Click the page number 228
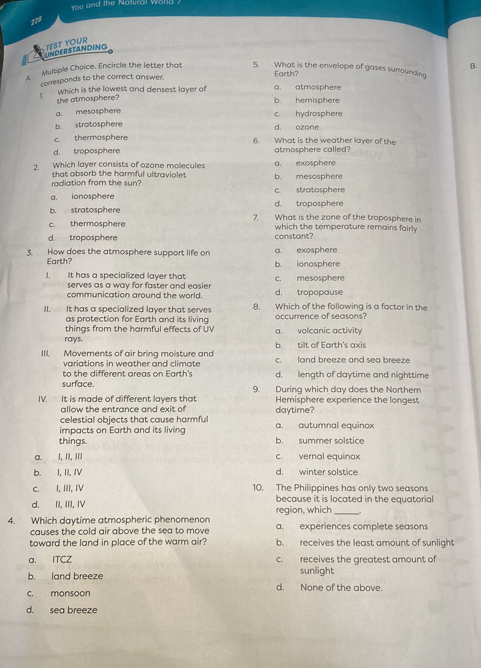coord(36,21)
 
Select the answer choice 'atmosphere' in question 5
coord(318,87)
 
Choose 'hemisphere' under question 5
coord(317,100)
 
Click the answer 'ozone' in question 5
coord(307,127)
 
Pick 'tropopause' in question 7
coord(320,292)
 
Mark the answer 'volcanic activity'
coord(329,331)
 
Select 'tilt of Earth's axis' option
coord(331,345)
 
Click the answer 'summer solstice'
coord(331,440)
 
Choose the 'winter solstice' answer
coord(328,472)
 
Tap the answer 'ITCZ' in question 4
coord(62,559)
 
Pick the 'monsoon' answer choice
coord(70,593)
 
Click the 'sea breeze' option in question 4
coord(73,610)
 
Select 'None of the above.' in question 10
coord(341,588)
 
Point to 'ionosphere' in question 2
coord(93,196)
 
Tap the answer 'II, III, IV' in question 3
coord(70,504)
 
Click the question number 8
coord(257,306)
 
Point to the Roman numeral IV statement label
coord(42,399)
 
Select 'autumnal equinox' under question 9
coord(336,425)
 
